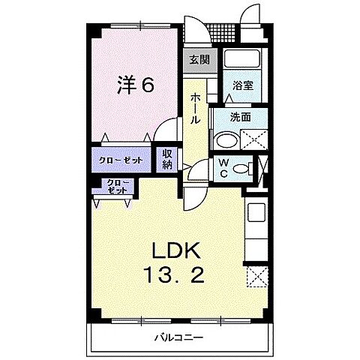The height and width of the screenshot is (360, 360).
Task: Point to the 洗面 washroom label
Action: pos(240,117)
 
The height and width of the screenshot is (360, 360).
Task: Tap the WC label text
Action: pos(224,169)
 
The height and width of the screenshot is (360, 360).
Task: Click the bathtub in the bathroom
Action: pos(241,62)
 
